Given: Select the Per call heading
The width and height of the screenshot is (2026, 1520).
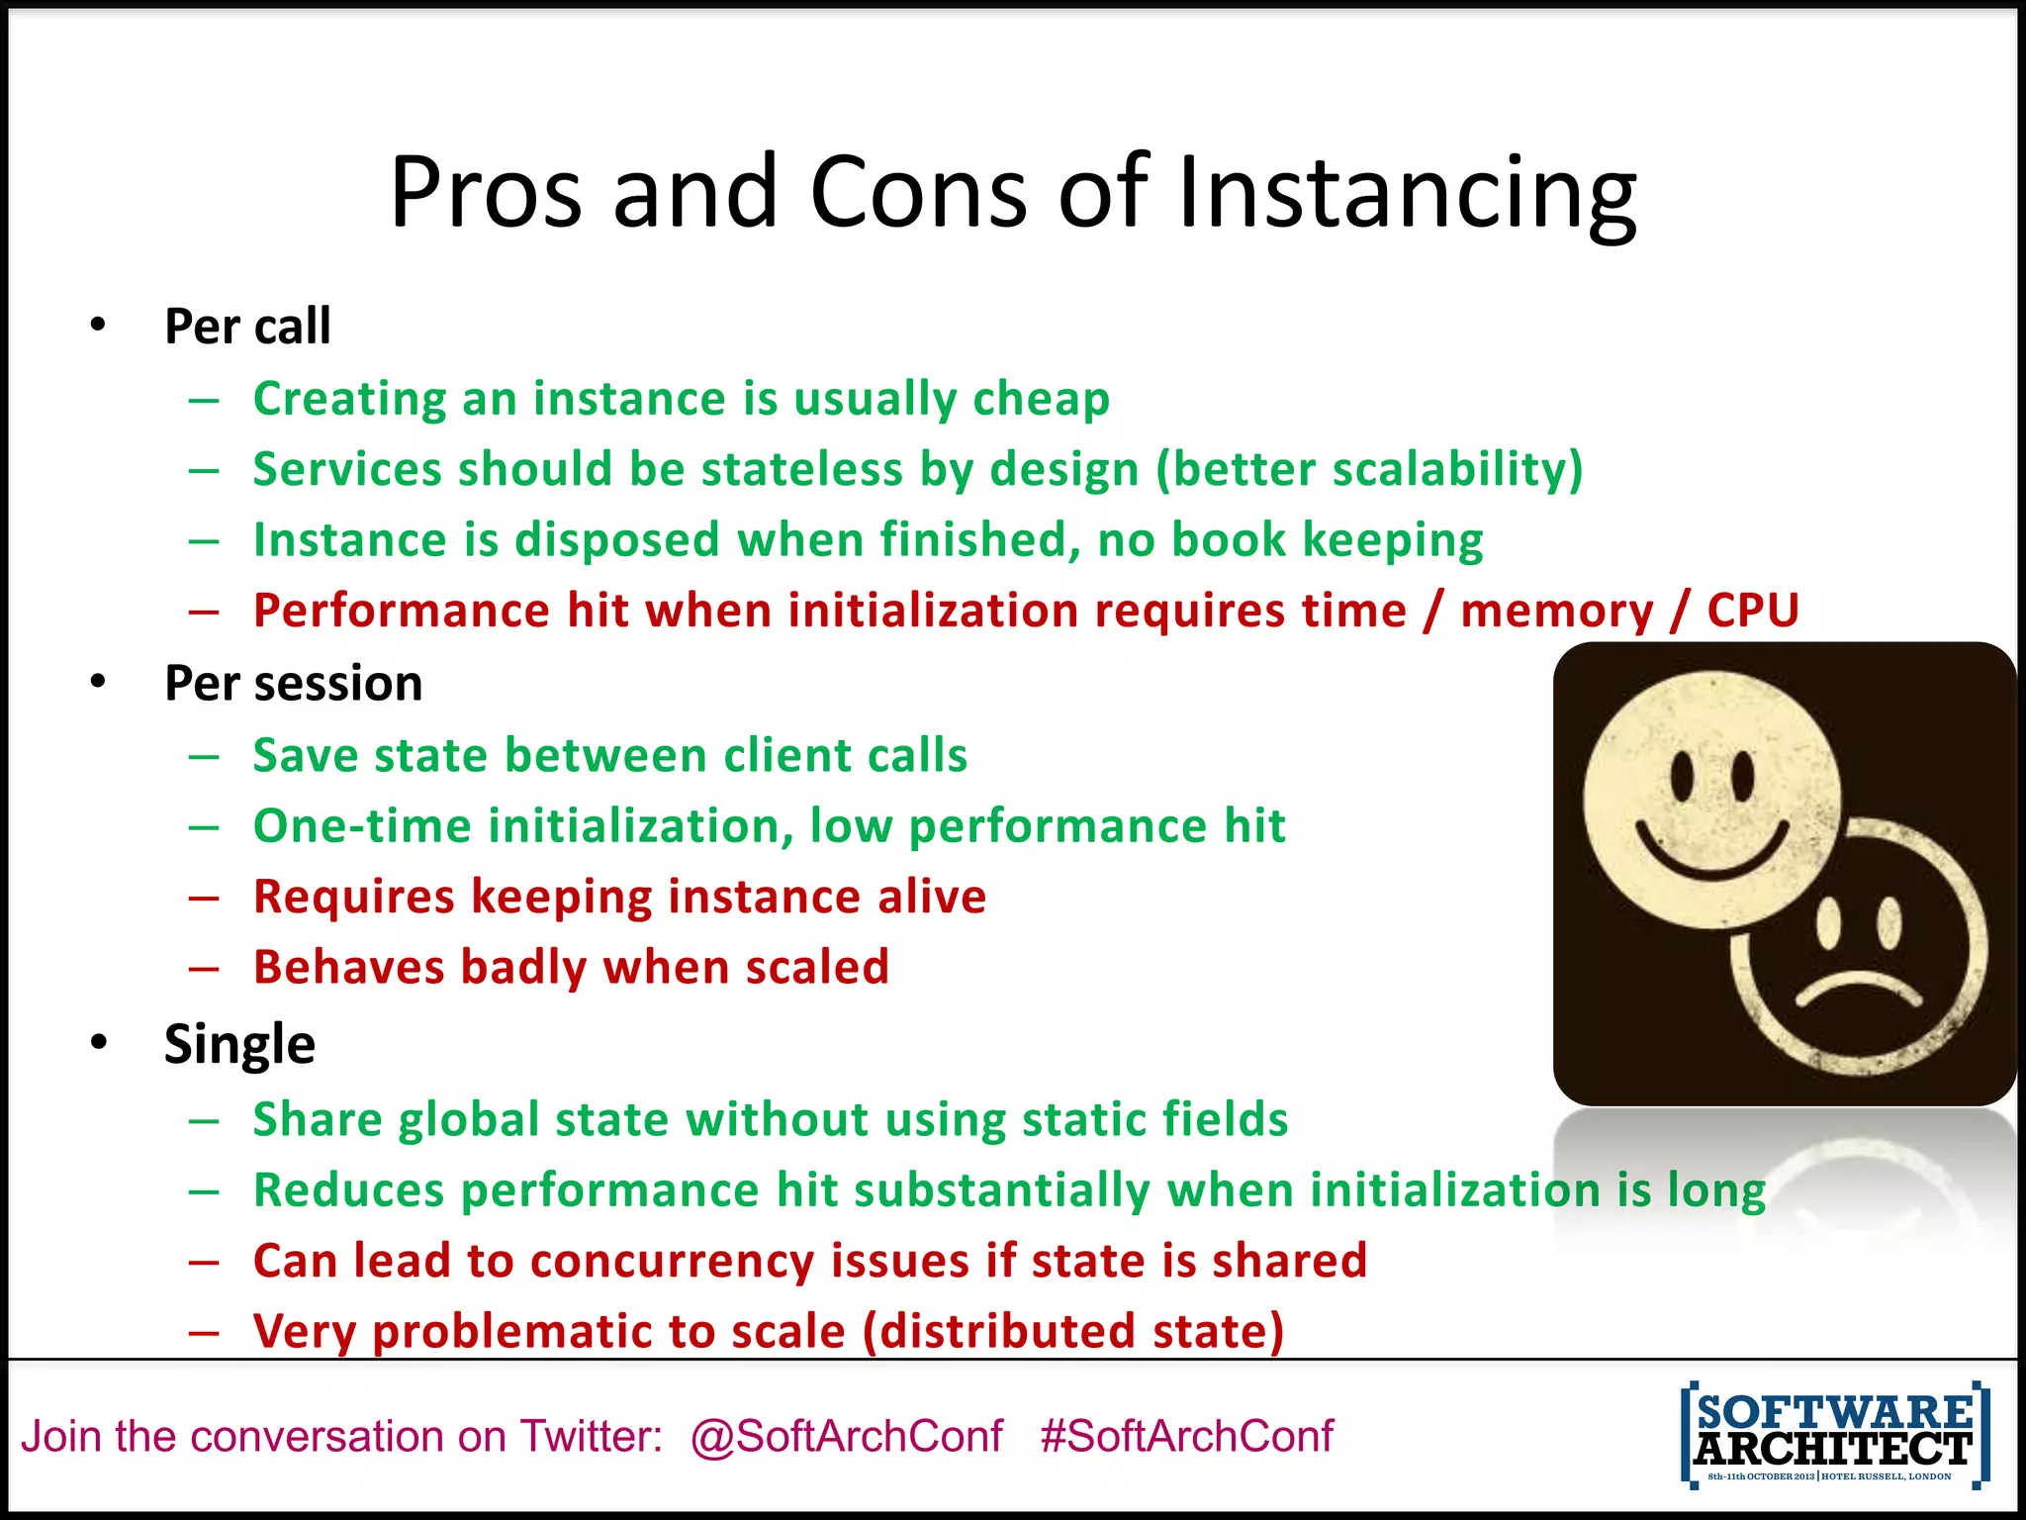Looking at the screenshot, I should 247,327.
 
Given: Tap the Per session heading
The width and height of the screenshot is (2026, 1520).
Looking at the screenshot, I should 293,684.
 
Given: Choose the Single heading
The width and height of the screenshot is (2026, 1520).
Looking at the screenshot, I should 239,1044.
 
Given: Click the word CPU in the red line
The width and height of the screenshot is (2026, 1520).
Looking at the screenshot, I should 1752,611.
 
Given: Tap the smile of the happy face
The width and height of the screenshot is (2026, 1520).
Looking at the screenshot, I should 1711,851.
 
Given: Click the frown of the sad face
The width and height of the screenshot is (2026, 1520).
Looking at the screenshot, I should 1860,990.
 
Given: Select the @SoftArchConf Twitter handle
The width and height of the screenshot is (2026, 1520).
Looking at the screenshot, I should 847,1436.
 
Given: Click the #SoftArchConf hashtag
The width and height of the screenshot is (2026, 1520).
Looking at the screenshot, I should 1186,1436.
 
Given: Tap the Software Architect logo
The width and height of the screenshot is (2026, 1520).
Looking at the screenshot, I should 1834,1435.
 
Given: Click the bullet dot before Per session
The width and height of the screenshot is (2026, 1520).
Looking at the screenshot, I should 97,682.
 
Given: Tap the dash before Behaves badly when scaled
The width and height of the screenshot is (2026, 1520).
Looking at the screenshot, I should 204,968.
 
